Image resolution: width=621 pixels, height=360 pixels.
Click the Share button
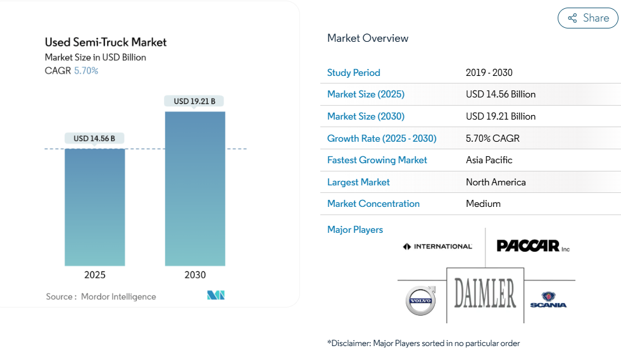pyautogui.click(x=587, y=18)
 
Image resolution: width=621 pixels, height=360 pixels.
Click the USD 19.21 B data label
pyautogui.click(x=195, y=101)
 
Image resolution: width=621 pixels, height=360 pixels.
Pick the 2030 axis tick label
pyautogui.click(x=195, y=275)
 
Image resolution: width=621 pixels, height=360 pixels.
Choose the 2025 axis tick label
pyautogui.click(x=95, y=275)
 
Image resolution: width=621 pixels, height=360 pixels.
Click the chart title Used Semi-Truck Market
pyautogui.click(x=106, y=42)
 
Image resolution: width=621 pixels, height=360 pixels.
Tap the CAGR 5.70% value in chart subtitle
pyautogui.click(x=86, y=71)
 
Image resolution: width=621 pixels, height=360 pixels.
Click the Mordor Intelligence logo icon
pyautogui.click(x=216, y=295)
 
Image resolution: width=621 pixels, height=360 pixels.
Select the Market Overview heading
pyautogui.click(x=368, y=38)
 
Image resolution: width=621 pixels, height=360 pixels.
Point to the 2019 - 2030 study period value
pyautogui.click(x=489, y=73)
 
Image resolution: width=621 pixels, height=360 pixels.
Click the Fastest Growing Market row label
pyautogui.click(x=377, y=160)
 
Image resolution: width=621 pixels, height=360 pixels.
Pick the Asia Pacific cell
pyautogui.click(x=489, y=160)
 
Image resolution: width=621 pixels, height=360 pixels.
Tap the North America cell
pyautogui.click(x=496, y=182)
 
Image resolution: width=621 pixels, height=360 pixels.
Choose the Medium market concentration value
pyautogui.click(x=483, y=204)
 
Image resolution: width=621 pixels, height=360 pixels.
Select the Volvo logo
pyautogui.click(x=421, y=300)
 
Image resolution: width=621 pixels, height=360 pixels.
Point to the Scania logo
pyautogui.click(x=548, y=300)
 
